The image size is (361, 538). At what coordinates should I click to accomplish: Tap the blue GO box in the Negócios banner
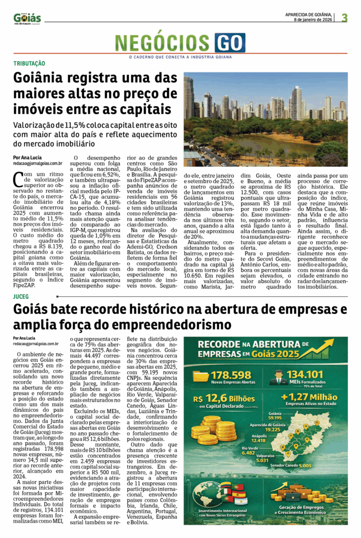tap(230, 43)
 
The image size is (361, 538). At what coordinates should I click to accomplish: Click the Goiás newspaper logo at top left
tap(27, 19)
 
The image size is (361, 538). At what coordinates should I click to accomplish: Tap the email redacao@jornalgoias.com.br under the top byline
tap(38, 164)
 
